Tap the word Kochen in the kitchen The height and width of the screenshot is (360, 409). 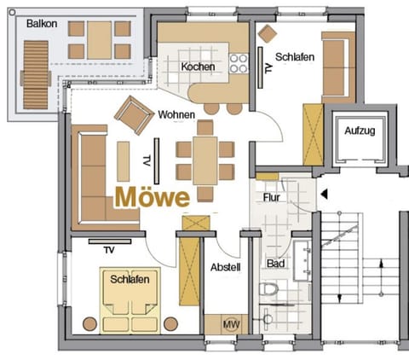click(198, 67)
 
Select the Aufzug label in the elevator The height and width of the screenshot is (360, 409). click(358, 131)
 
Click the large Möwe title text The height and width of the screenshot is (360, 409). click(152, 197)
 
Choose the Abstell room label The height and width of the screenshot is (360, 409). click(225, 267)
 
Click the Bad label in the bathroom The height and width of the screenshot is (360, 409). click(275, 264)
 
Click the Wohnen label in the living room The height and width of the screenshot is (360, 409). click(176, 114)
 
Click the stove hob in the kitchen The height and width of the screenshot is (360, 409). click(240, 65)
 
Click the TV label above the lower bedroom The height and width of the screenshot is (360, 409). click(108, 250)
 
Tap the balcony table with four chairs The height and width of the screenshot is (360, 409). click(100, 38)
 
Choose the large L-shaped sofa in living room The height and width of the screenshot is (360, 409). click(93, 175)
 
